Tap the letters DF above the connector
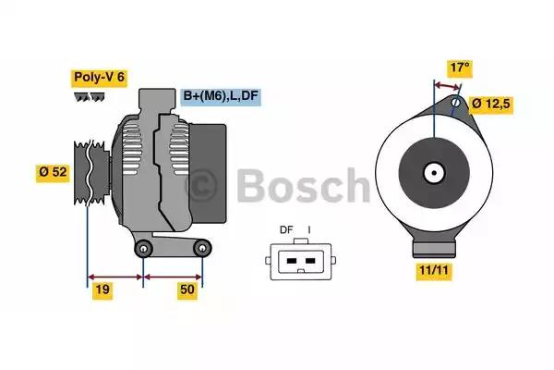pyautogui.click(x=286, y=230)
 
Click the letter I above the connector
pyautogui.click(x=309, y=230)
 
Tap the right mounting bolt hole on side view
pyautogui.click(x=202, y=247)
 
